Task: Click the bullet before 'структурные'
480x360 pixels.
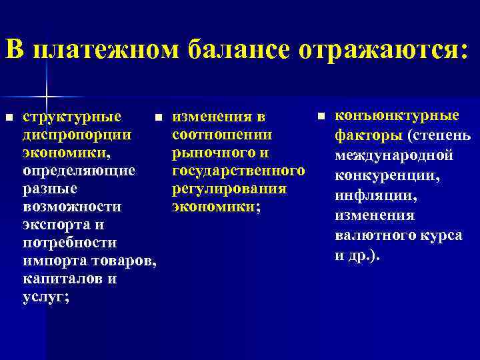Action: pos(9,117)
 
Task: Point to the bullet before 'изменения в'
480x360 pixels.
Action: pos(158,117)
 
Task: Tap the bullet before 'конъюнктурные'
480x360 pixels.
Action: pos(320,116)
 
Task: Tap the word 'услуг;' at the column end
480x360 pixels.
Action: pos(45,297)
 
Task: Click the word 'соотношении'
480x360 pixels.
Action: pos(222,135)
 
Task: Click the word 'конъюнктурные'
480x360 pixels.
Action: pos(397,116)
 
